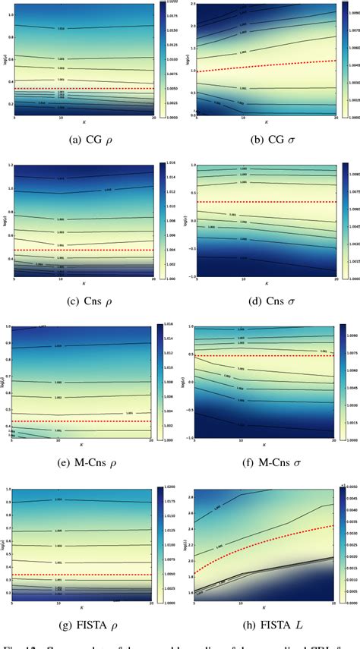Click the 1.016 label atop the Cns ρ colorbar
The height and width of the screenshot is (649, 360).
coord(171,163)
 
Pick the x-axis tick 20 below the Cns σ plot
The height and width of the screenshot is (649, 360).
coord(334,280)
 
